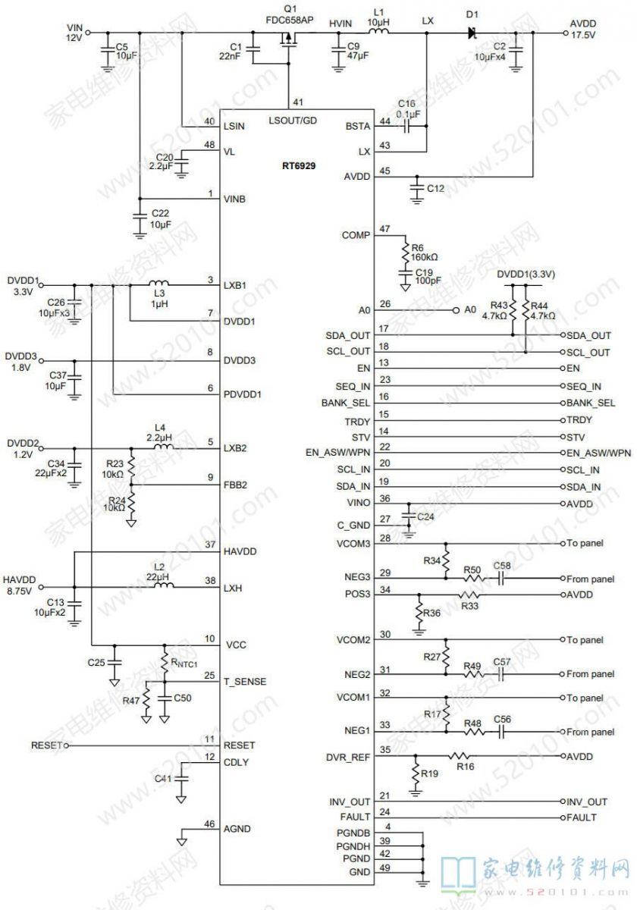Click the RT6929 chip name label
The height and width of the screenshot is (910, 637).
(x=299, y=166)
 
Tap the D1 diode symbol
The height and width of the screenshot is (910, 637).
(x=472, y=33)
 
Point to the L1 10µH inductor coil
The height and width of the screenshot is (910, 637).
(x=378, y=32)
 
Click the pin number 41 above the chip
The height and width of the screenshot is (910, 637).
(x=298, y=102)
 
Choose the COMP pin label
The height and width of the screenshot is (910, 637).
(x=356, y=235)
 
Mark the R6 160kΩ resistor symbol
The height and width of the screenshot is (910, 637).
(x=406, y=253)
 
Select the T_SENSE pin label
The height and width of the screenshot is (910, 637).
(x=244, y=682)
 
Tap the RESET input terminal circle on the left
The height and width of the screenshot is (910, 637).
(x=66, y=746)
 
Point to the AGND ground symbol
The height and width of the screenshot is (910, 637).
(x=181, y=842)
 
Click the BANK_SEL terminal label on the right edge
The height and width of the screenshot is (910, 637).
(x=591, y=403)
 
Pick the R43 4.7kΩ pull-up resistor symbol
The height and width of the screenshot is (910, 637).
(x=513, y=310)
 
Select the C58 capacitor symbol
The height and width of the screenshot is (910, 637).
(x=501, y=578)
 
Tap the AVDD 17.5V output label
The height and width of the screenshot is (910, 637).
(x=583, y=30)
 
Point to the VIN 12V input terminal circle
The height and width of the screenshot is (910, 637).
(x=87, y=33)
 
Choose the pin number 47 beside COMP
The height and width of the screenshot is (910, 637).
(x=384, y=229)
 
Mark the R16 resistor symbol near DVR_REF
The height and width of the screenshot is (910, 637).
(x=459, y=757)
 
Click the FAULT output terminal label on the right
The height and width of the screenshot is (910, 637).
(x=582, y=817)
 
